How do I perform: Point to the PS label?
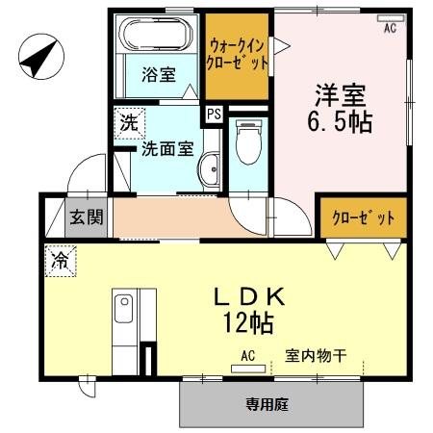pyautogui.click(x=213, y=115)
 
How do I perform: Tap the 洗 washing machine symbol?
pyautogui.click(x=127, y=123)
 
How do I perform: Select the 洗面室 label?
pyautogui.click(x=167, y=148)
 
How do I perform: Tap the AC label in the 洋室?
pyautogui.click(x=391, y=29)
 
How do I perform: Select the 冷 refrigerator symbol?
pyautogui.click(x=60, y=259)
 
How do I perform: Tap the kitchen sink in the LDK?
pyautogui.click(x=123, y=312)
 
